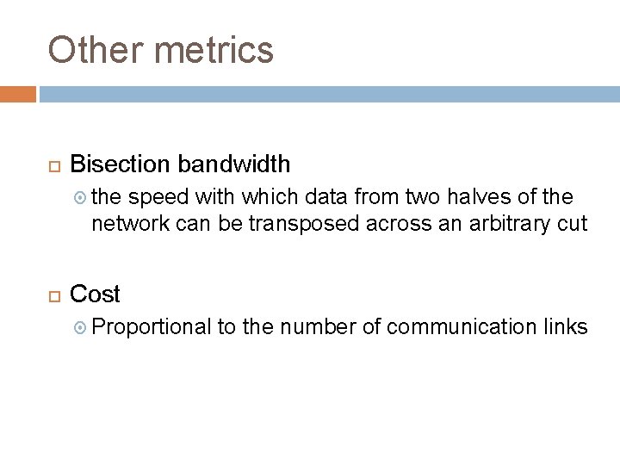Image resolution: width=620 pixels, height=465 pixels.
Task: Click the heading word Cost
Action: [95, 294]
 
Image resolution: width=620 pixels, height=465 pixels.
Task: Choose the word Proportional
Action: [152, 327]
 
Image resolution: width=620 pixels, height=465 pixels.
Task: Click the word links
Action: [566, 327]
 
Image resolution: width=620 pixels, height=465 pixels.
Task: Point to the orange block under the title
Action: [18, 93]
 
